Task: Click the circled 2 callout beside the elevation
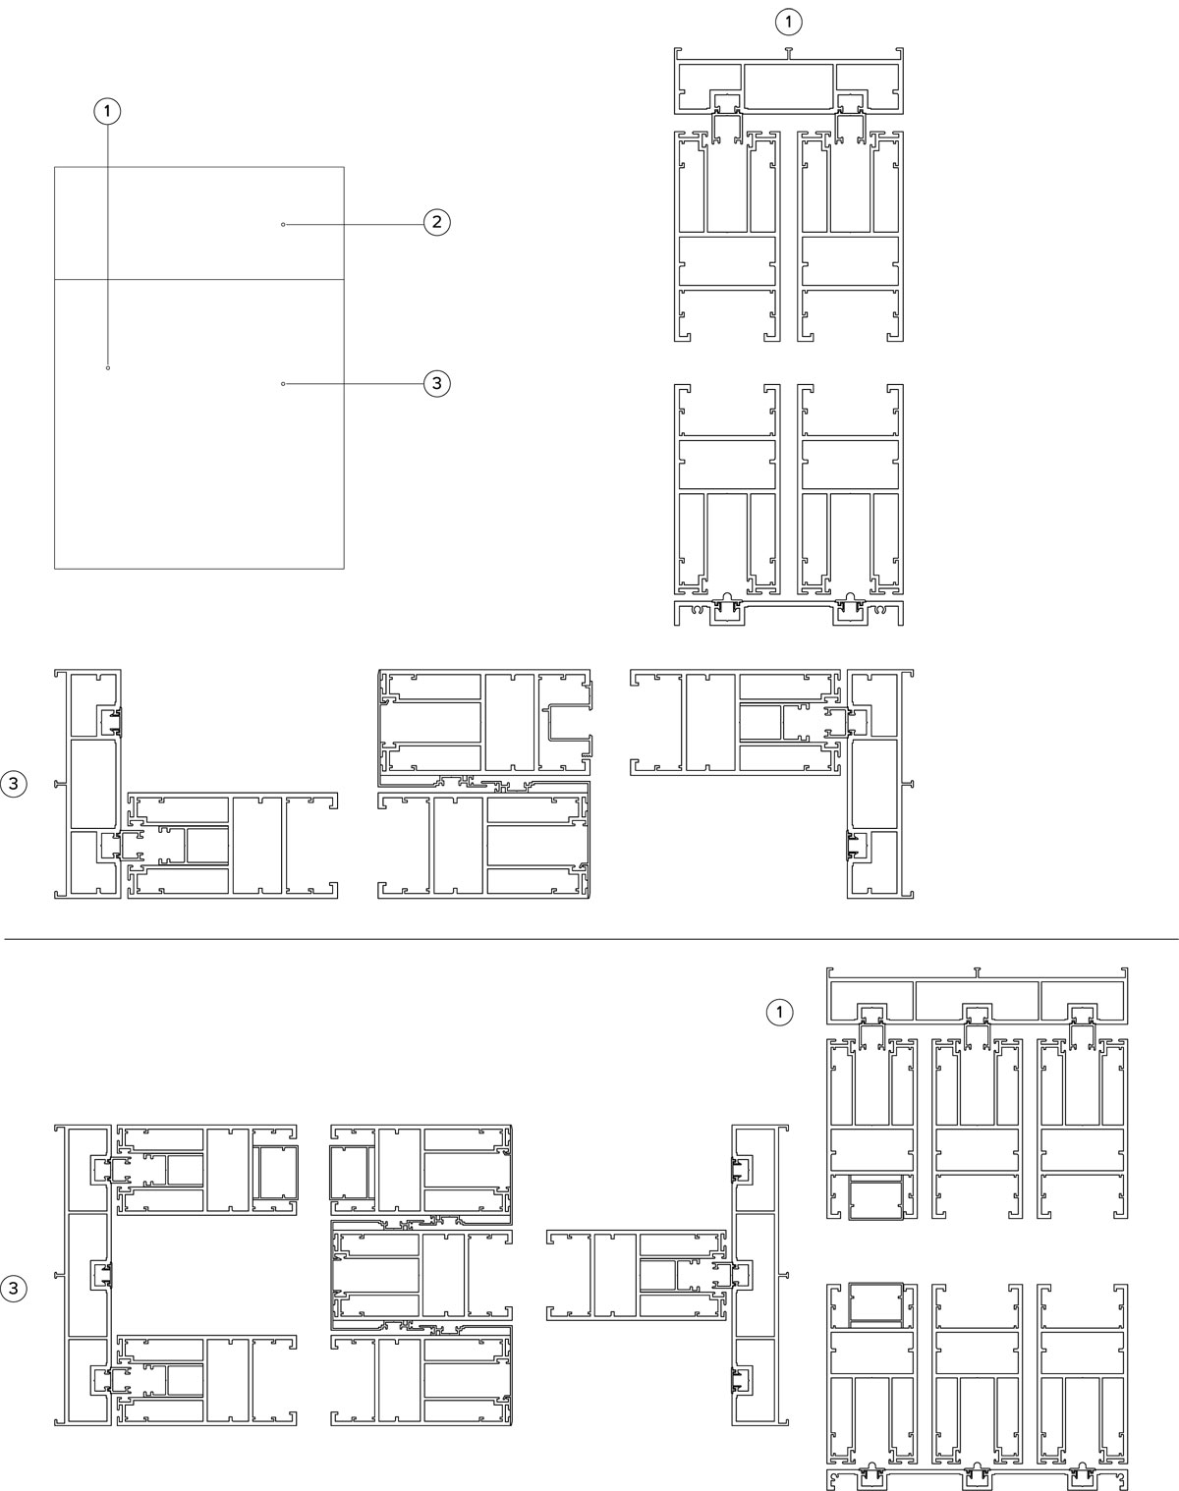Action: pyautogui.click(x=436, y=222)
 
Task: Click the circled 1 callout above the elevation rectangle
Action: pyautogui.click(x=107, y=111)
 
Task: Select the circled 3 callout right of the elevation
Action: pyautogui.click(x=436, y=383)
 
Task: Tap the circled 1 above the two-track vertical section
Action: pyautogui.click(x=788, y=23)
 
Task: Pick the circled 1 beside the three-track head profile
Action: pyautogui.click(x=779, y=1013)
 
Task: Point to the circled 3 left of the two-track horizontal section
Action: pyautogui.click(x=13, y=785)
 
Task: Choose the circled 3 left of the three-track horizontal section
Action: pyautogui.click(x=13, y=1289)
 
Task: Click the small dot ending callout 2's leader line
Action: pyautogui.click(x=283, y=225)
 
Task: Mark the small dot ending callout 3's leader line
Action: pyautogui.click(x=283, y=384)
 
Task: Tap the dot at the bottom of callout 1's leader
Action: pyautogui.click(x=107, y=368)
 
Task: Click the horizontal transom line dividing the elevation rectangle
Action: pyautogui.click(x=198, y=280)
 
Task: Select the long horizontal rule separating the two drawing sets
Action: pyautogui.click(x=591, y=940)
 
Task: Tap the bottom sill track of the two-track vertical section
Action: pyautogui.click(x=789, y=613)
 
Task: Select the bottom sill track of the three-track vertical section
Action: pyautogui.click(x=978, y=1478)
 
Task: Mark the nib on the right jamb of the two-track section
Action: pyautogui.click(x=910, y=785)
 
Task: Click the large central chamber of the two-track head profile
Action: pyautogui.click(x=789, y=86)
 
